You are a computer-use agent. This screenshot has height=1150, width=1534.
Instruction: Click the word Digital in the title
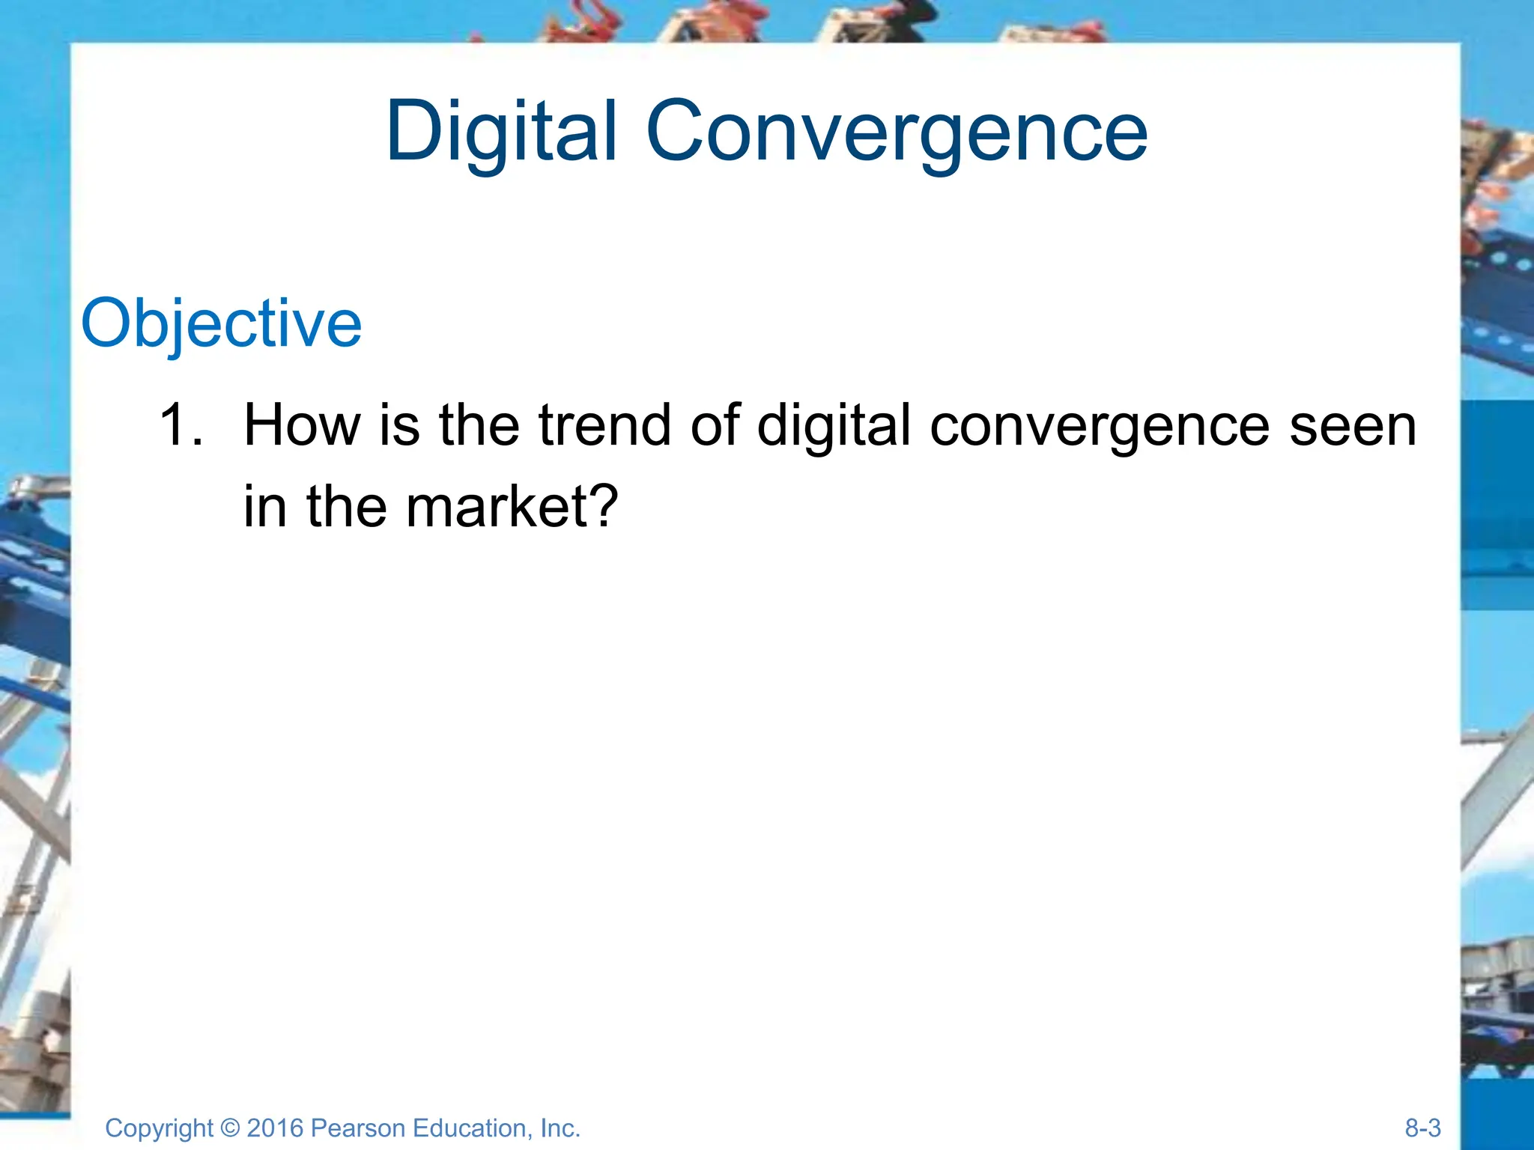[501, 132]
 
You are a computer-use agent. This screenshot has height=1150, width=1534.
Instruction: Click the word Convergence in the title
[896, 132]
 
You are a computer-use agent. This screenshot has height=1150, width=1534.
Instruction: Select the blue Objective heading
[221, 323]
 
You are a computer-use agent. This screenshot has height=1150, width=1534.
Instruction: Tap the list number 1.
[180, 425]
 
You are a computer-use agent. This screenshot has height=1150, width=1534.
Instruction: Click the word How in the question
[302, 425]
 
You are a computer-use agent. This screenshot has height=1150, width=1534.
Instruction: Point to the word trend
[604, 425]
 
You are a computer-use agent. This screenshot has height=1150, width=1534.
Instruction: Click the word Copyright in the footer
[159, 1128]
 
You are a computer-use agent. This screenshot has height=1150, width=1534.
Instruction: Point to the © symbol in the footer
[231, 1128]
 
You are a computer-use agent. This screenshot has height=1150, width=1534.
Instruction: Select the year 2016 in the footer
[274, 1128]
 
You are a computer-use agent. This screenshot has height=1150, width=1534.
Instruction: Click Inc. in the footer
[560, 1128]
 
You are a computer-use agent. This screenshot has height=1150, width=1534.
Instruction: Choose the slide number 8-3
[1422, 1128]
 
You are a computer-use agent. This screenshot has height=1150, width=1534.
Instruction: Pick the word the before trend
[479, 425]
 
